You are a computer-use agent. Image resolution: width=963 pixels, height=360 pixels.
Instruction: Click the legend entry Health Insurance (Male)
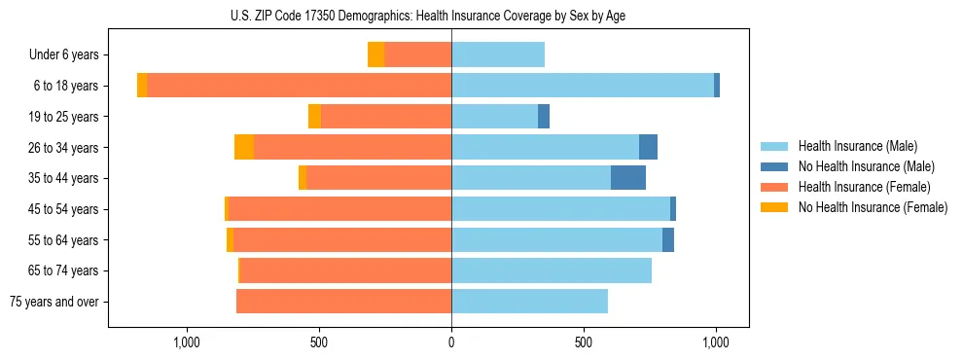[x=857, y=146]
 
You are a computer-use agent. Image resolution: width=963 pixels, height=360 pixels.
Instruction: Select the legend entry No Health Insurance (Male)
[x=866, y=166]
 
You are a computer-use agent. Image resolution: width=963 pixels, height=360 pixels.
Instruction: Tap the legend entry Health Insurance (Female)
[x=861, y=187]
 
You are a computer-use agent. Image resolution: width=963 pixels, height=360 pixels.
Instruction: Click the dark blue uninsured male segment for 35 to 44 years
[x=628, y=178]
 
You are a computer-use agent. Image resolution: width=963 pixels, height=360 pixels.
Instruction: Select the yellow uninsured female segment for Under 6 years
[x=375, y=55]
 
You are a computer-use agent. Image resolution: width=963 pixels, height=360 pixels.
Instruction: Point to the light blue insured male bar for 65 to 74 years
[x=552, y=270]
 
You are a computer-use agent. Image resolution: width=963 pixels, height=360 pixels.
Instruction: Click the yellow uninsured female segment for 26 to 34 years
[x=244, y=147]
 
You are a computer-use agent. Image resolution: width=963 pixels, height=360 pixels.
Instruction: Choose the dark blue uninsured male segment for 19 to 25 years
[x=544, y=117]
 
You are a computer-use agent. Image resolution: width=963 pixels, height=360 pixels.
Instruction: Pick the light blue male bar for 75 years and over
[x=529, y=302]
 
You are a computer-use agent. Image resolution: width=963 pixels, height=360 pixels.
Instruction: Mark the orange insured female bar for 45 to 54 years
[x=339, y=209]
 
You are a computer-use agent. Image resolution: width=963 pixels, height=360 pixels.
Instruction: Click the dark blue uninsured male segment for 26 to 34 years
[x=648, y=147]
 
